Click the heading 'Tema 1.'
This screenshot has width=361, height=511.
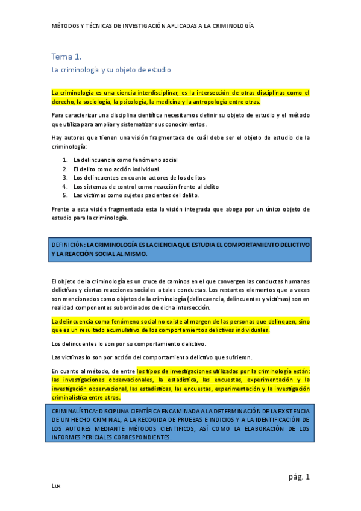(x=66, y=57)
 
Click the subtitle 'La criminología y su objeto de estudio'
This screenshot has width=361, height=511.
(x=111, y=70)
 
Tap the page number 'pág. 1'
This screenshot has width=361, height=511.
(x=299, y=477)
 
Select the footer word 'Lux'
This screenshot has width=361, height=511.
(x=56, y=485)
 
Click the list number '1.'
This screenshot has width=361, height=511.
(x=65, y=160)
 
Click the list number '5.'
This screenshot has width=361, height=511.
(x=65, y=195)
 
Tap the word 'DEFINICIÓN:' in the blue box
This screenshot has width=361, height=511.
(x=69, y=245)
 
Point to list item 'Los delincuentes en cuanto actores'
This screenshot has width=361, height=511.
(x=139, y=178)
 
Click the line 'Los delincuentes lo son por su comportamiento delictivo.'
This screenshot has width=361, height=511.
(x=129, y=344)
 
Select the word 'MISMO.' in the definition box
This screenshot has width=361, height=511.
(x=133, y=254)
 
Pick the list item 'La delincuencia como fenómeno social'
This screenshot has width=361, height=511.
(x=125, y=160)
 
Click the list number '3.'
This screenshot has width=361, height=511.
(x=65, y=178)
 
